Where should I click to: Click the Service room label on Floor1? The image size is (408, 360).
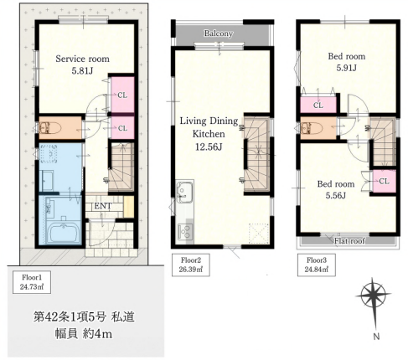[82, 59]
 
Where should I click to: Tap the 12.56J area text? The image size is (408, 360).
[209, 147]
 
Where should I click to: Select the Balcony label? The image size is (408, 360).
[219, 33]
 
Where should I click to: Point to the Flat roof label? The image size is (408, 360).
[349, 240]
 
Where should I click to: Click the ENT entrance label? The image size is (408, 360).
[103, 206]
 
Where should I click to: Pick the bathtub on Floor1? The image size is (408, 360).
[65, 231]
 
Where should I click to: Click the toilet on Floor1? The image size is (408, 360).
[49, 128]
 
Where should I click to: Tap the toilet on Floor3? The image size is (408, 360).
[312, 128]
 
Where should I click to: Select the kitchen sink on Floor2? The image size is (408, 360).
[184, 193]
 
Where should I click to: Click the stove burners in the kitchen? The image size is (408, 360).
[185, 231]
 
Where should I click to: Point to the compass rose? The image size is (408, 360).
[374, 296]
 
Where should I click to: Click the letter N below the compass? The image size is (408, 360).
[376, 337]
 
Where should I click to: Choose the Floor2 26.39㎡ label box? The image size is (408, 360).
[191, 265]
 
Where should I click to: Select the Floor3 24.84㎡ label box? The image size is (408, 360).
[317, 265]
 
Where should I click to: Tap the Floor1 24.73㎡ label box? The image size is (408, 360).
[32, 282]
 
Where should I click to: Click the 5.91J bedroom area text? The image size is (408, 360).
[346, 68]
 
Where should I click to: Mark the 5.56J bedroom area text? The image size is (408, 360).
[336, 195]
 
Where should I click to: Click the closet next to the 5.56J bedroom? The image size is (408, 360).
[384, 181]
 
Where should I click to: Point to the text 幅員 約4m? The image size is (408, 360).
[84, 334]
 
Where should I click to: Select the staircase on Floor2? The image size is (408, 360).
[256, 154]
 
